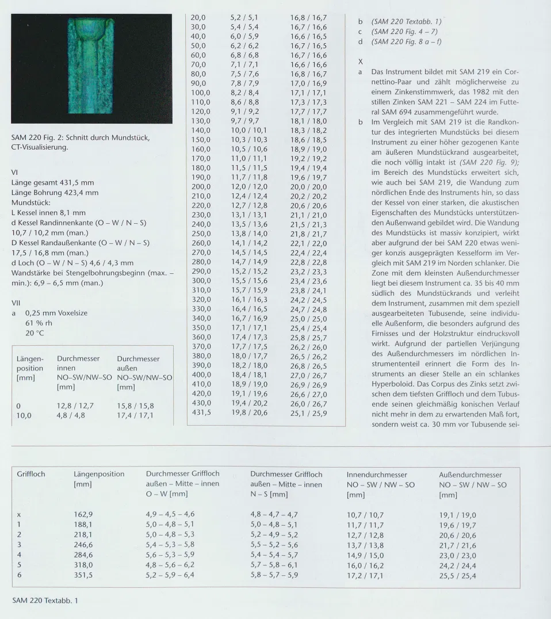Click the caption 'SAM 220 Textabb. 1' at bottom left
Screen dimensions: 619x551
(x=45, y=601)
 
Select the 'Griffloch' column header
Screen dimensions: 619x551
(x=31, y=474)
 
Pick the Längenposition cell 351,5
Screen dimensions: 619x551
(x=84, y=575)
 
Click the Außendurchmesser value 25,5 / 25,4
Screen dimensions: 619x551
(x=458, y=575)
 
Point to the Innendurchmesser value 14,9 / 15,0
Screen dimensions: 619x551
(x=365, y=555)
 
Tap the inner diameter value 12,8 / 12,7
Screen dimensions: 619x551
(x=75, y=405)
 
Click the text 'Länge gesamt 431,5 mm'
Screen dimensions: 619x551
(x=53, y=182)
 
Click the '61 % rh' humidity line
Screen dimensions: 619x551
(x=38, y=323)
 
